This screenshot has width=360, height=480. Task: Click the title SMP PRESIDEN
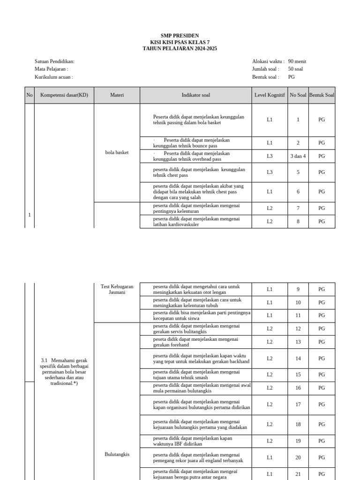click(x=180, y=36)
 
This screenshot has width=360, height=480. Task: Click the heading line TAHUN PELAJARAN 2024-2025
click(x=180, y=49)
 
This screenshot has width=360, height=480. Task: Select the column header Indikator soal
click(x=196, y=95)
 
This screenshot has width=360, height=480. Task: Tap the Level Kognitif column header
click(x=270, y=95)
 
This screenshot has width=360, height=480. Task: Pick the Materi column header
click(x=117, y=95)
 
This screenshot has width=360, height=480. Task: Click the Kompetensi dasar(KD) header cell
click(x=64, y=95)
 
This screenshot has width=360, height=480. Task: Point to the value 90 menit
click(x=297, y=61)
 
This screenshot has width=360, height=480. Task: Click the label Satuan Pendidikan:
click(x=54, y=61)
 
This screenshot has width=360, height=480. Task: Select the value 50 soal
click(x=296, y=69)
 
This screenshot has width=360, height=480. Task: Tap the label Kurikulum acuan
click(x=53, y=77)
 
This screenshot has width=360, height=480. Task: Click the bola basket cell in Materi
click(x=117, y=152)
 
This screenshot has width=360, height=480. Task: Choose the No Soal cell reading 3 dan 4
click(x=298, y=156)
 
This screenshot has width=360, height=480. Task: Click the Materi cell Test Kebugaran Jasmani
click(x=117, y=289)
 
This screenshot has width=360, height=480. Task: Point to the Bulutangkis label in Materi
click(x=117, y=454)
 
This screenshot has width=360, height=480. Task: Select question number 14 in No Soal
click(x=298, y=359)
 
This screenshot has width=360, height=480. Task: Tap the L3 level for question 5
click(x=270, y=172)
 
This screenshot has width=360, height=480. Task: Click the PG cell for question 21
click(x=322, y=474)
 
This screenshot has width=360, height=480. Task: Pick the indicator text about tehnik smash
click(x=196, y=375)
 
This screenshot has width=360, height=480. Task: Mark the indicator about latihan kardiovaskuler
click(x=196, y=222)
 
